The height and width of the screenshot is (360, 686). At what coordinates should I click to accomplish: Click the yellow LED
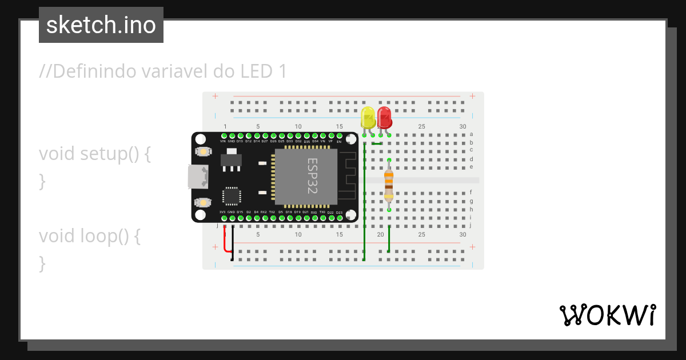coord(368,118)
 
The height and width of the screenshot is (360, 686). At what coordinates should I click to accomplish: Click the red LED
coord(384,118)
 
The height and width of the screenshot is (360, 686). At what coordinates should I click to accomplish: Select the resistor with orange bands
coord(389,184)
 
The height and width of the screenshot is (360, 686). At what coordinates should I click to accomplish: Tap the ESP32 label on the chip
coord(313,176)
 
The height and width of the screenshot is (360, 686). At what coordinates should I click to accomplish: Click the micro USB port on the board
coord(198,177)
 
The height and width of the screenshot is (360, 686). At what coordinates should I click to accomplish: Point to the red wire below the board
coord(225,243)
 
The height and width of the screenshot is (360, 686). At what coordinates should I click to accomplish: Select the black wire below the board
coord(232,243)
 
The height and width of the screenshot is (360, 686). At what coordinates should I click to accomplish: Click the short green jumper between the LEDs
coord(377,143)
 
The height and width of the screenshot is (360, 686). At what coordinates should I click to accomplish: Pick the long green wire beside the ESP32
coord(364,200)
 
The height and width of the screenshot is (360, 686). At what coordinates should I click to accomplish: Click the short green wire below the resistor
coord(389,239)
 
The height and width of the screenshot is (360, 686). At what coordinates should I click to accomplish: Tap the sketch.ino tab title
coord(101,25)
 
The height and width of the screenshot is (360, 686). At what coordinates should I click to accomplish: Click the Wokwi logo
coord(607,315)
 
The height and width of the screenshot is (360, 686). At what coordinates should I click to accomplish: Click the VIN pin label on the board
coord(223,141)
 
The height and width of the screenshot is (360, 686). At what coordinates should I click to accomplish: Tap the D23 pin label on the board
coord(339,213)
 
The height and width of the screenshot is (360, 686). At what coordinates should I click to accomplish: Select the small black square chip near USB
coord(232,196)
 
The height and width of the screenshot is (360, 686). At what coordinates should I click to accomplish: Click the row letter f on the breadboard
coord(471,193)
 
